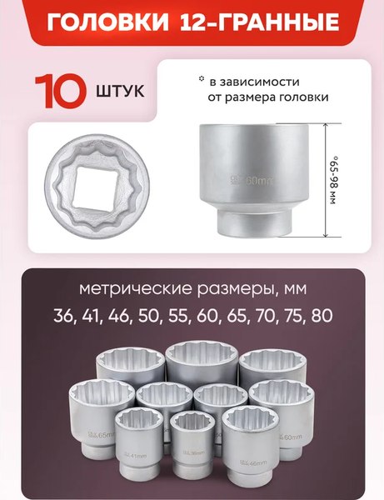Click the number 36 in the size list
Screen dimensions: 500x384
[62, 317]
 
